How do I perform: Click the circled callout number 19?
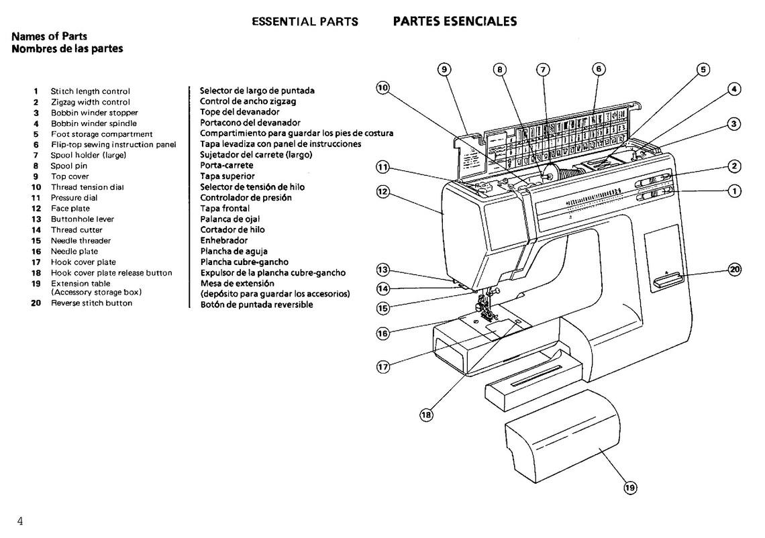click(629, 488)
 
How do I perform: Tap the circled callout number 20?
click(735, 270)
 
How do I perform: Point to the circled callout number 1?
click(735, 191)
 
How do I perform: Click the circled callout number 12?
click(382, 191)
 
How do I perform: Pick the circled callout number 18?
click(425, 415)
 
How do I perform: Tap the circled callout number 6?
click(599, 68)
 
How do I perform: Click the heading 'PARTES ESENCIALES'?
click(454, 21)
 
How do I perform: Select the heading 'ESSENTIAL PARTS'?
click(305, 21)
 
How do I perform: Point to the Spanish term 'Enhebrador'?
click(223, 240)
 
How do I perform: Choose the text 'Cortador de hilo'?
click(232, 229)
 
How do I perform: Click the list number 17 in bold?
click(36, 262)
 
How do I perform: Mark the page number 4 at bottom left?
click(21, 522)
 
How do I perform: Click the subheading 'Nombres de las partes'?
click(67, 49)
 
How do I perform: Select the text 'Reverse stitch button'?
click(91, 303)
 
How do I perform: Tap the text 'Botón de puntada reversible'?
click(256, 305)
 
